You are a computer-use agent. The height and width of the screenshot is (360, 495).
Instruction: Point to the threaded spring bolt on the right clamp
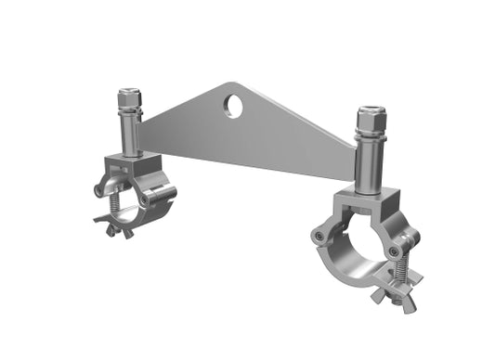click(x=401, y=269)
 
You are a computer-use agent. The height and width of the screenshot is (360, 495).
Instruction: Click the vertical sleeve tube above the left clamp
click(x=131, y=132)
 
